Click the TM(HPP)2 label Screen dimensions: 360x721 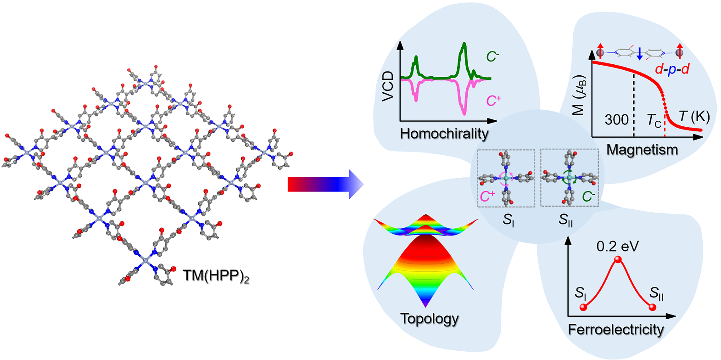(216, 276)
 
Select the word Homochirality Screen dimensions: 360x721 (444, 134)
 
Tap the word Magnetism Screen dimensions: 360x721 (642, 150)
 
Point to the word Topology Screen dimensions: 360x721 (429, 319)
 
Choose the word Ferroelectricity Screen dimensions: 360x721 (615, 330)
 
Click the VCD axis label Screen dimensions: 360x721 (388, 86)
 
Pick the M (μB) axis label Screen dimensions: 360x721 (580, 95)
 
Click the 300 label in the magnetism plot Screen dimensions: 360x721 (616, 120)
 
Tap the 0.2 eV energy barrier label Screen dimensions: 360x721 (617, 247)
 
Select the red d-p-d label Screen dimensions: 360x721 (672, 69)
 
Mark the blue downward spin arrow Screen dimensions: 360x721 (640, 54)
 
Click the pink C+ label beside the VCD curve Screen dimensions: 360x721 (493, 101)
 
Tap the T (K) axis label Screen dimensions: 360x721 (694, 117)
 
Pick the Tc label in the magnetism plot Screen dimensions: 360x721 (654, 121)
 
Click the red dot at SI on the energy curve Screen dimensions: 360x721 (583, 307)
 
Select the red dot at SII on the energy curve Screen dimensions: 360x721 (652, 307)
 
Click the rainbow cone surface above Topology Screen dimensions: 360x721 (426, 262)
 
